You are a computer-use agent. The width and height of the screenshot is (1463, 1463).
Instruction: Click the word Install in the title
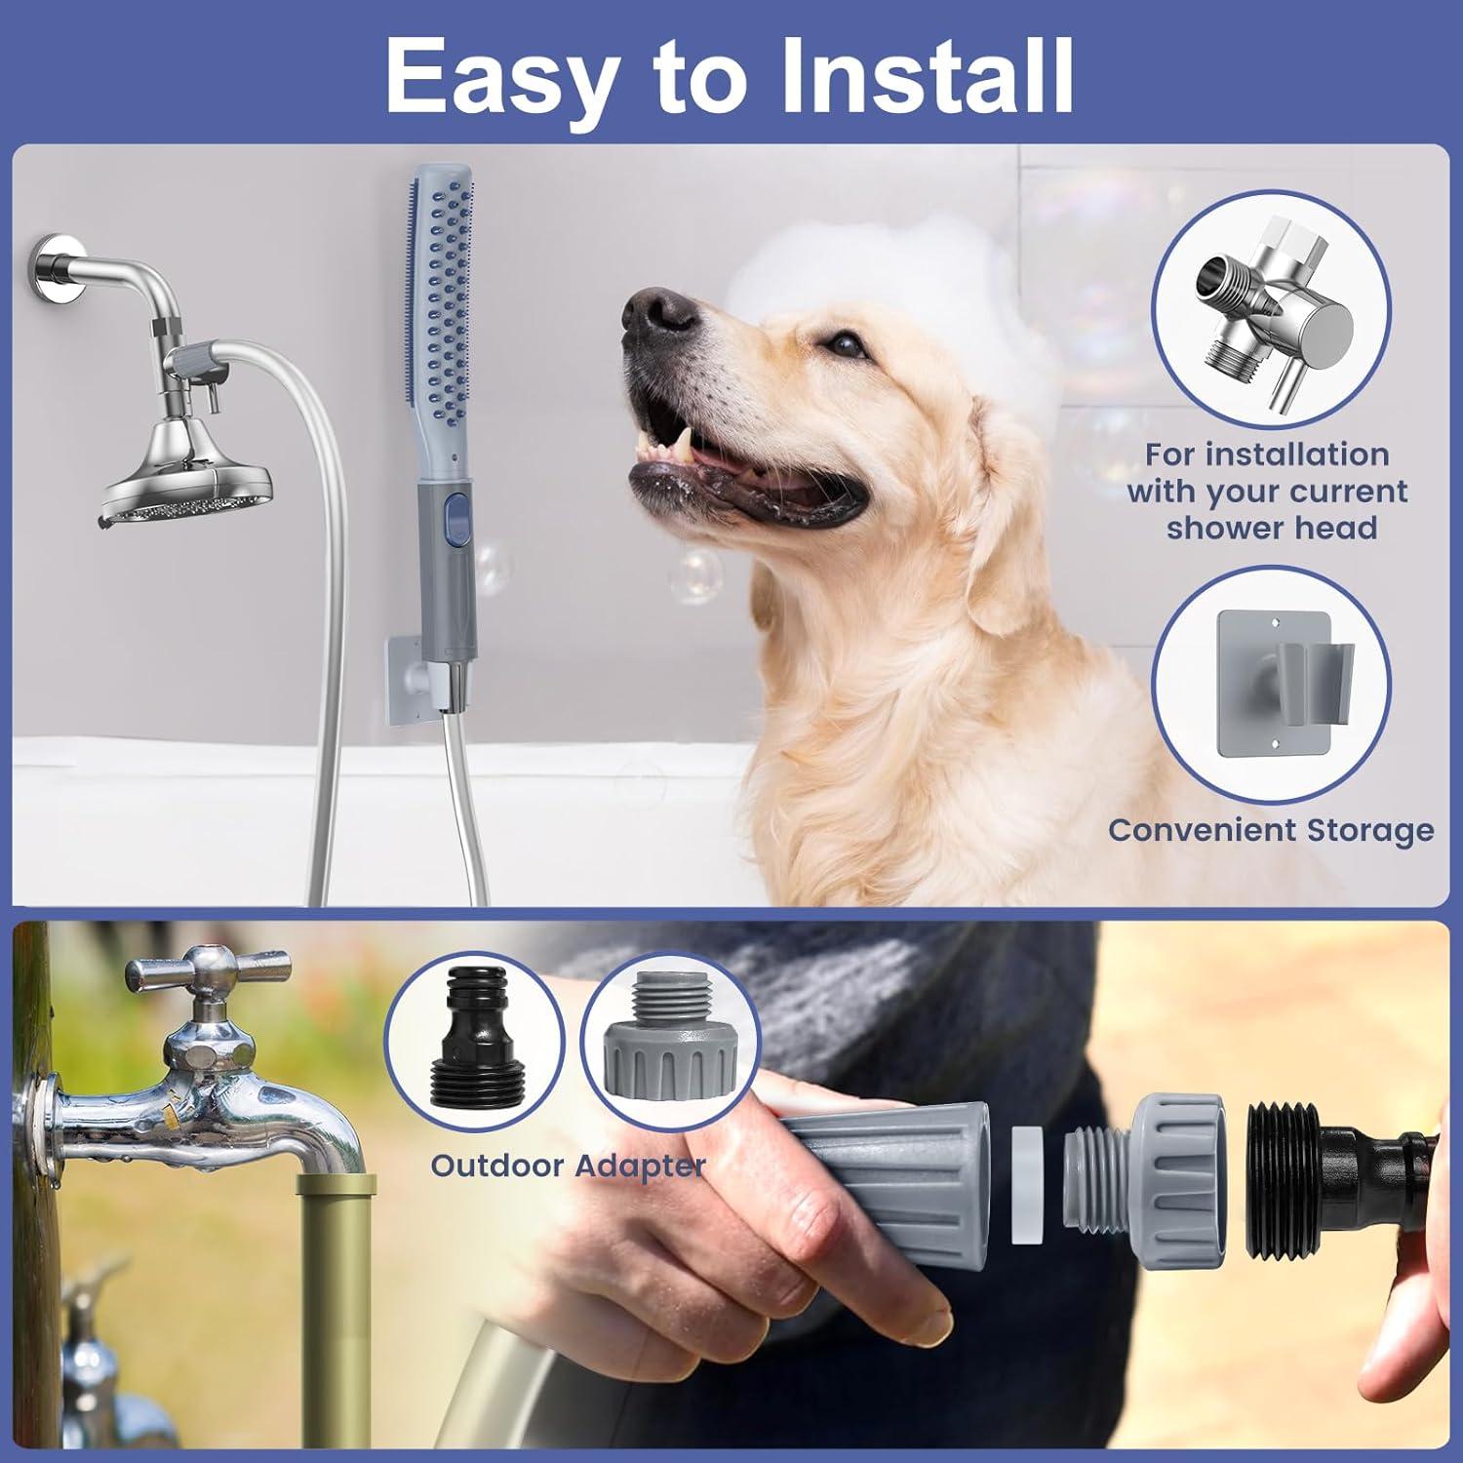(927, 76)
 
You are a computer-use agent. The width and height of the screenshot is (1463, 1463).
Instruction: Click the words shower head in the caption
(1272, 528)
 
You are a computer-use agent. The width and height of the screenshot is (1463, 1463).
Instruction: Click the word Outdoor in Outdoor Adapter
(497, 1166)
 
